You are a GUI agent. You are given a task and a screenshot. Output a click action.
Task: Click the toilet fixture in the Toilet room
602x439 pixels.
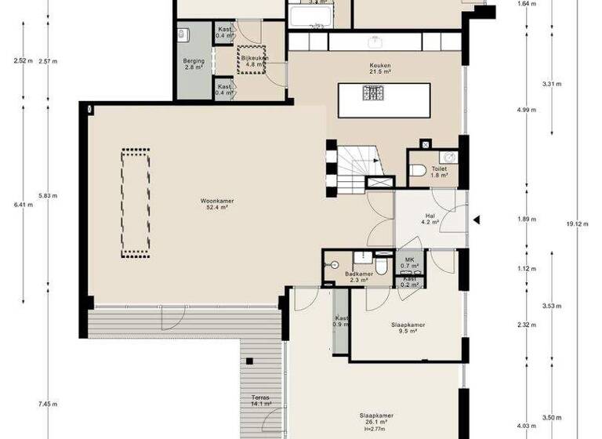click(x=420, y=170)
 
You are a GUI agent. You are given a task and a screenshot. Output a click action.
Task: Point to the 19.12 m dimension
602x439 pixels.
click(x=575, y=223)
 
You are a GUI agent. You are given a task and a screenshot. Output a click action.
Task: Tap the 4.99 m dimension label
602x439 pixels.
click(x=527, y=111)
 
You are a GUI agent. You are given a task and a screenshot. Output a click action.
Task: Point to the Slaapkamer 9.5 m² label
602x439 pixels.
click(x=408, y=328)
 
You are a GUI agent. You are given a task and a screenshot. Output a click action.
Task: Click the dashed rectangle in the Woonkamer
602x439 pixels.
click(x=134, y=203)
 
